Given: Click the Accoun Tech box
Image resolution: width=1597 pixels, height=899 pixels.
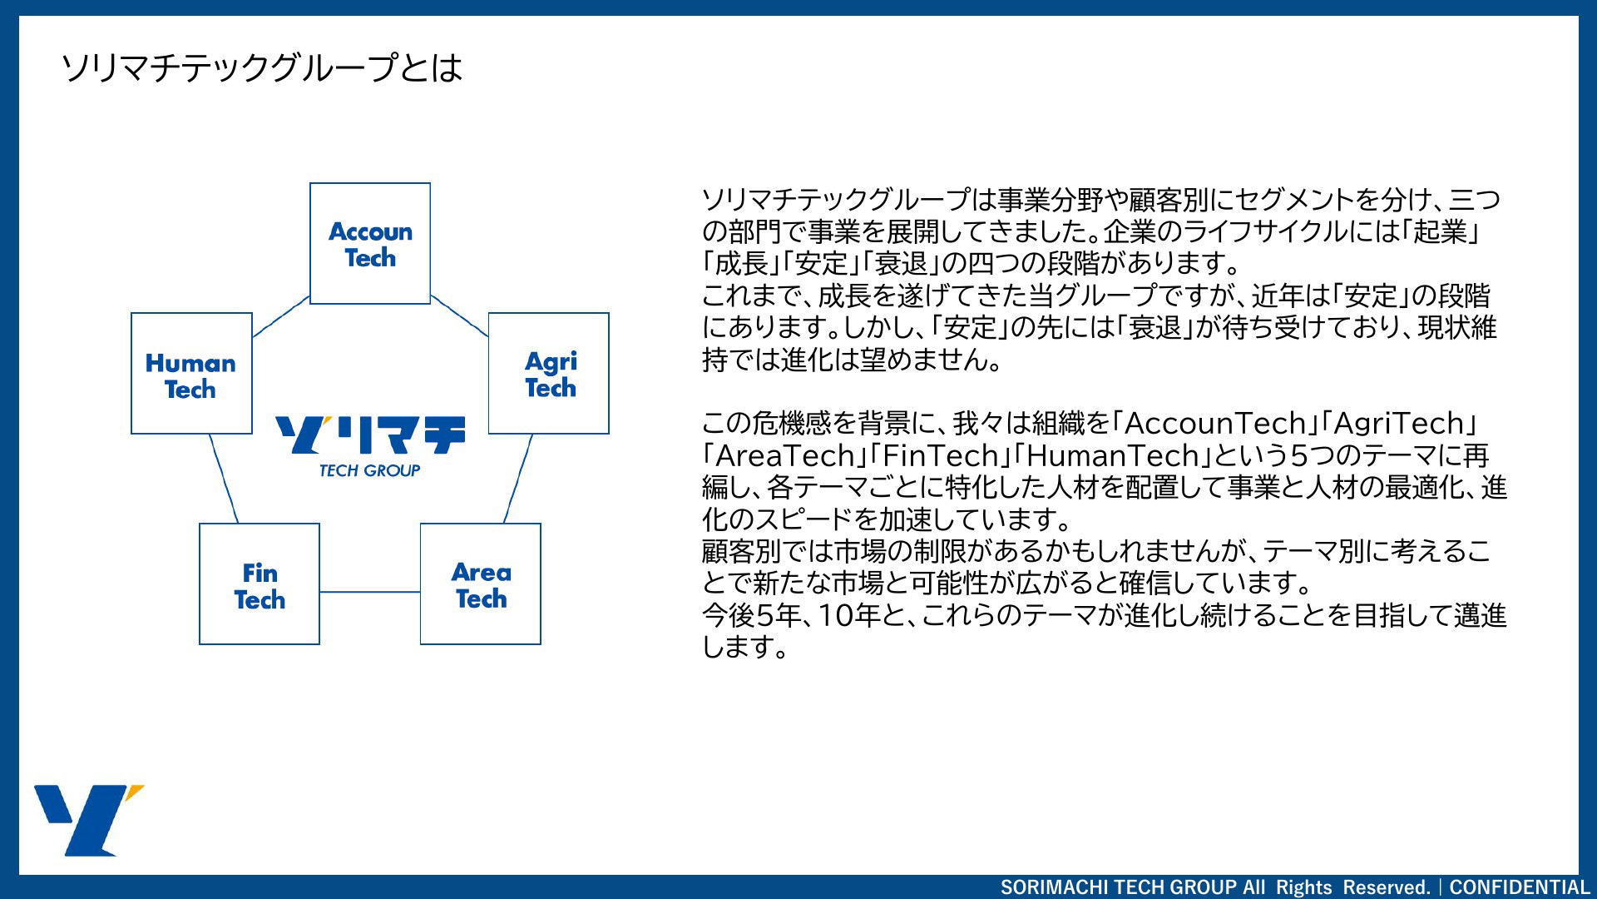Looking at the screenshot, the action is [x=370, y=243].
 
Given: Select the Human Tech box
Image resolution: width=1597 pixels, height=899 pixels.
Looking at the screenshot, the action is [x=191, y=373].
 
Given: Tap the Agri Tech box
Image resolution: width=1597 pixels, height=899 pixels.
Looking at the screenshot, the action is [x=549, y=373].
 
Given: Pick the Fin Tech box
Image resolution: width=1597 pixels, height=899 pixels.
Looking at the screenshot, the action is [x=260, y=584].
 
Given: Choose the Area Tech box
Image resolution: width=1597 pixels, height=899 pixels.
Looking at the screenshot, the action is [x=481, y=584].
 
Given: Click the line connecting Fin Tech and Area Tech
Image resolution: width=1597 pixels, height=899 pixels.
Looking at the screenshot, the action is [x=370, y=592].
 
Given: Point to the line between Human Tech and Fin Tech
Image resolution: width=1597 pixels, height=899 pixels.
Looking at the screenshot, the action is [x=224, y=479].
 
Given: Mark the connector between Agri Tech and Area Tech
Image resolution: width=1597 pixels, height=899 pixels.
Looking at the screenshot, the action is [x=518, y=479].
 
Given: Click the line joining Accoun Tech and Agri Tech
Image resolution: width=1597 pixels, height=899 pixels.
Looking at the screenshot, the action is [x=459, y=315].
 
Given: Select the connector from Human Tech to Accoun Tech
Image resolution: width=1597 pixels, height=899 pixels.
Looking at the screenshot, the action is [x=281, y=316].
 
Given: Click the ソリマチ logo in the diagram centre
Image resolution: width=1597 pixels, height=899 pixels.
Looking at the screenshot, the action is [x=370, y=435].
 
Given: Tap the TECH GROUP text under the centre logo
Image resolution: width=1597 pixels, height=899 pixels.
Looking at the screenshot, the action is [x=370, y=470].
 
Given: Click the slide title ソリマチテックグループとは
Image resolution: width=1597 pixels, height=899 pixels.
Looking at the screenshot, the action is [x=262, y=67].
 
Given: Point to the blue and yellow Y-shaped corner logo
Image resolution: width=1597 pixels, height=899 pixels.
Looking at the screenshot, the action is [x=89, y=820].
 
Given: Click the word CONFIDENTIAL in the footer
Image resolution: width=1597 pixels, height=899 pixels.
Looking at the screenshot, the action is [x=1520, y=887].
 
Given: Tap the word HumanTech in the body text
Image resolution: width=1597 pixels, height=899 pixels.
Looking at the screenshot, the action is [x=1113, y=455].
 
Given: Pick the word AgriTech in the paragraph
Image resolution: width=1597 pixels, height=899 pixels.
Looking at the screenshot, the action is [x=1399, y=424].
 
